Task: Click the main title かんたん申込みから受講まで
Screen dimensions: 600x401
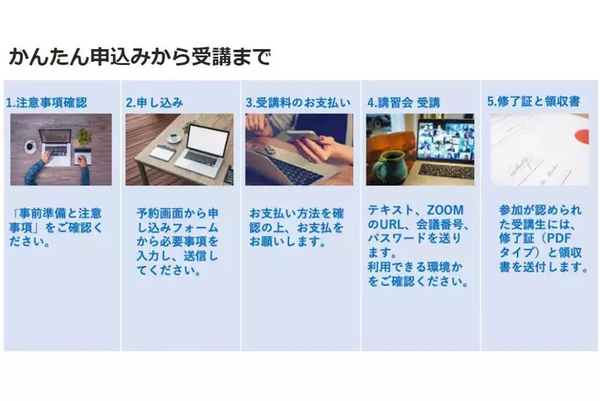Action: click(140, 58)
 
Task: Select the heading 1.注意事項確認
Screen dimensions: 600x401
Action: click(46, 102)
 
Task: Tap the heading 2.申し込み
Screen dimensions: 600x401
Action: click(155, 102)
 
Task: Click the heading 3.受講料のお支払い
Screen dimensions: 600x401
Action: click(298, 102)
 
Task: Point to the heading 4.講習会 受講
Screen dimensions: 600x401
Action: click(404, 102)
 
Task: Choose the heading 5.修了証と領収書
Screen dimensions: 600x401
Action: click(534, 102)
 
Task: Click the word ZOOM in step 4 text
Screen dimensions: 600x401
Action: click(445, 211)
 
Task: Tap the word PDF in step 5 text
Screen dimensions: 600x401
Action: click(559, 239)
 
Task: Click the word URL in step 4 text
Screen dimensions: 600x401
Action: click(391, 224)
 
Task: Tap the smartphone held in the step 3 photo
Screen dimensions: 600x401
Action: click(303, 135)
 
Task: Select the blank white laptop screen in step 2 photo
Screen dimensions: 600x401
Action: click(209, 140)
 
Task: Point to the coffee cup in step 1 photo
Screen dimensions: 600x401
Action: click(30, 146)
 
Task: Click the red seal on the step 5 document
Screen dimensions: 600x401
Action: click(582, 137)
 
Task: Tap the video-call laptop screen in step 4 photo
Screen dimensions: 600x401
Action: click(445, 140)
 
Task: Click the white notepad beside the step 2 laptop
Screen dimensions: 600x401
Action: click(162, 153)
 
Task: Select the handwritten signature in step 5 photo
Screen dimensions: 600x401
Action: click(521, 165)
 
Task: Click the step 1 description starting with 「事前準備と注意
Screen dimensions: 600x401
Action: click(56, 228)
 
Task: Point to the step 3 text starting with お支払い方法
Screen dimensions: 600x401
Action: click(297, 228)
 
